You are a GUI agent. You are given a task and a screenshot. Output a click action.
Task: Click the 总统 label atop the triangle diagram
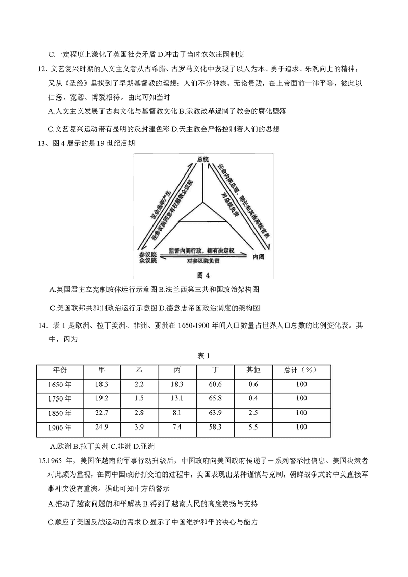(203, 160)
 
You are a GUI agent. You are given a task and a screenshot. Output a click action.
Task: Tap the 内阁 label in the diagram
(259, 257)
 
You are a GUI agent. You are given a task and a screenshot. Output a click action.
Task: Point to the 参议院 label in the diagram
(147, 254)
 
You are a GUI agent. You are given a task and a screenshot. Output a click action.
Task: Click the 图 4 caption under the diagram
(203, 275)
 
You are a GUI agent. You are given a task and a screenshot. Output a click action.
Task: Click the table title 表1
(203, 356)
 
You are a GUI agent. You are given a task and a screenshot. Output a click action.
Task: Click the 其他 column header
(253, 370)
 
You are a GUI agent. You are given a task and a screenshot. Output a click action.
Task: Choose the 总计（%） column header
(301, 370)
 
